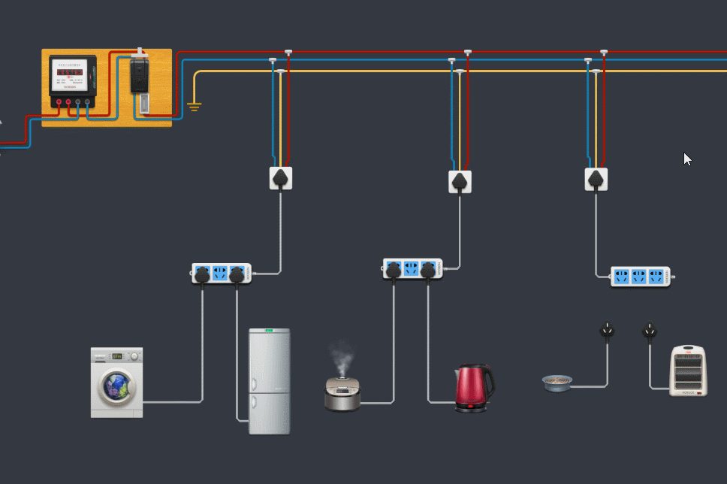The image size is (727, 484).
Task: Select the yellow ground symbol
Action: [x=195, y=105]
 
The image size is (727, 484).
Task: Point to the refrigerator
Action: [x=269, y=381]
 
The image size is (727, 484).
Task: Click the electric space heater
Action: [x=688, y=370]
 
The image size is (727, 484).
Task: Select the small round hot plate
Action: [x=557, y=383]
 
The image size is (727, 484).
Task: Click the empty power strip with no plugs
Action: [x=640, y=277]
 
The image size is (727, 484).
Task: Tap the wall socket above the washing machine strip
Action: [x=281, y=178]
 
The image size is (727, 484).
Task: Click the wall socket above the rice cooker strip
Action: [x=460, y=181]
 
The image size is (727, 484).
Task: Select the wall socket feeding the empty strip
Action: [x=596, y=179]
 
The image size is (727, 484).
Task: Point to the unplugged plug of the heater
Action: [x=650, y=331]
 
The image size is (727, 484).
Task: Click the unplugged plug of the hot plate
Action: [x=607, y=330]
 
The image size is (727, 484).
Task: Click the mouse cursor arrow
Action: [x=686, y=159]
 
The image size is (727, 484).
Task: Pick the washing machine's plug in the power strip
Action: [x=202, y=275]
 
